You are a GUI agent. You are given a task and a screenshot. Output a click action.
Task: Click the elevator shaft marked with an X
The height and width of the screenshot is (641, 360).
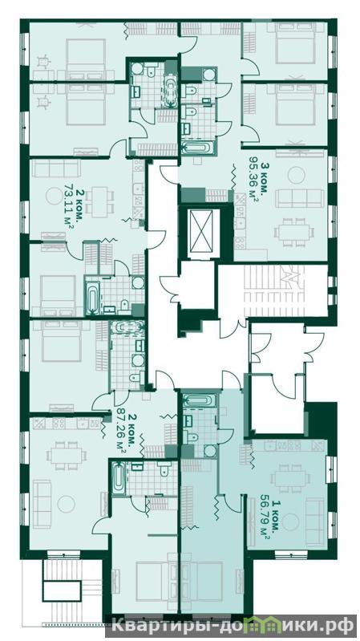point(200,232)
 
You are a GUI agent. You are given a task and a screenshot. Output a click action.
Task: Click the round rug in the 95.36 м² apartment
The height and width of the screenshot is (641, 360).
point(296,176)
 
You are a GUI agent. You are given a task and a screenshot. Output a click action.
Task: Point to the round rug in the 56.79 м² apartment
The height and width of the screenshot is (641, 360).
point(291,523)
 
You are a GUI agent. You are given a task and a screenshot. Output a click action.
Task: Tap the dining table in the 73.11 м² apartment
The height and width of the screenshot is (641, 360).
point(100,201)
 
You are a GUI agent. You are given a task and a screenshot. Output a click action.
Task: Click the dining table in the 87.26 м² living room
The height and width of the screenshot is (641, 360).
point(67,455)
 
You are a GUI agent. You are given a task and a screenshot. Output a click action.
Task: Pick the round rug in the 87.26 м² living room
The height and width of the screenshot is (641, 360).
point(67,504)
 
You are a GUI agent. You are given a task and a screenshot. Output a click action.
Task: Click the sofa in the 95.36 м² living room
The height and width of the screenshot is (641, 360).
point(300,198)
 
